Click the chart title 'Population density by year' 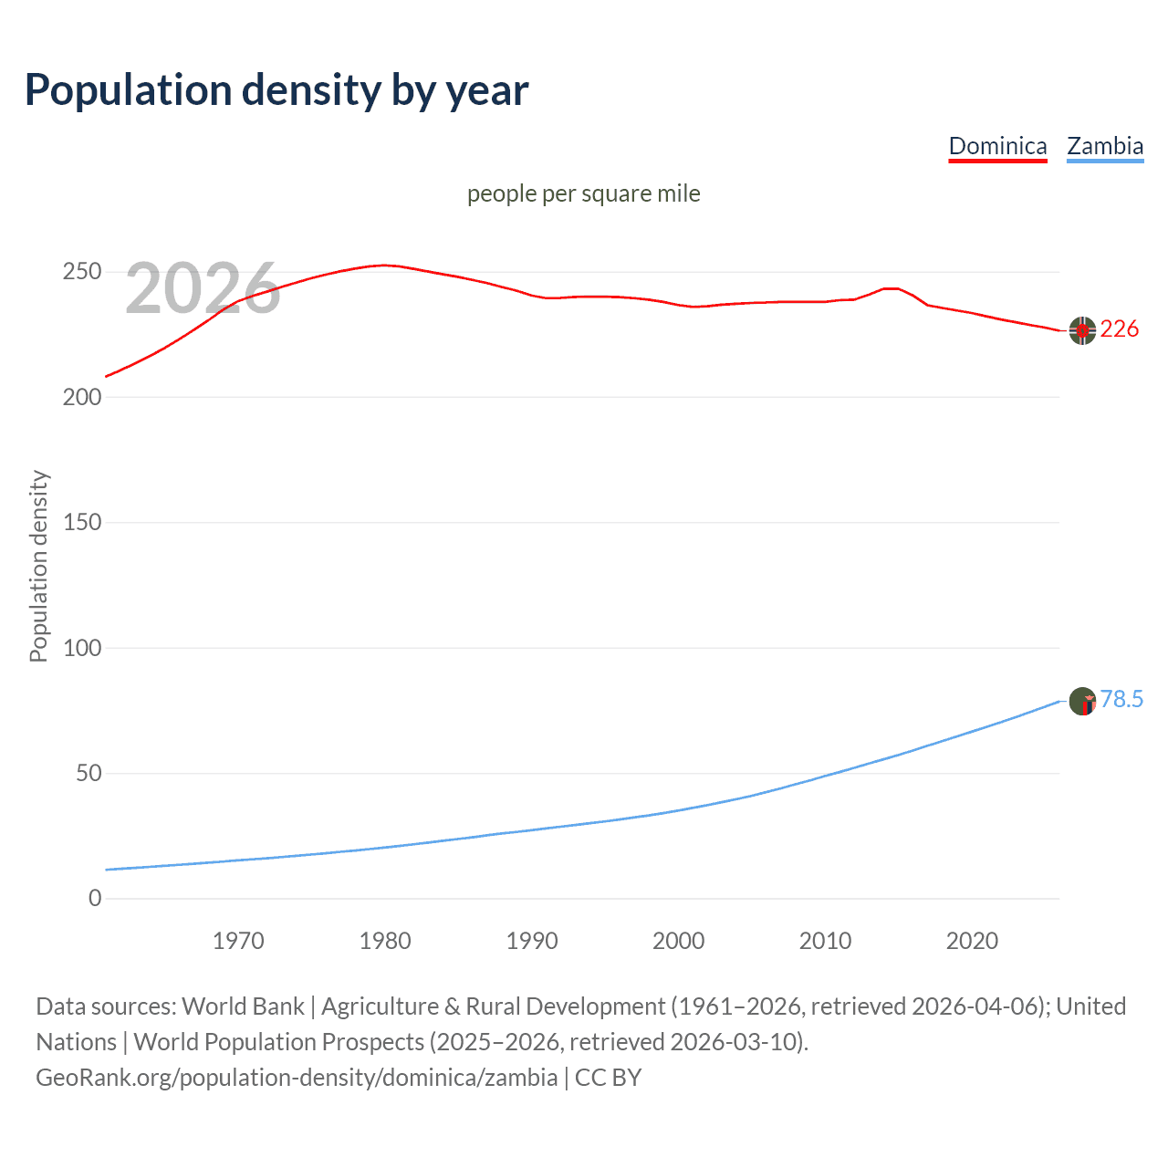coord(276,90)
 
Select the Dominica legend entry coord(997,146)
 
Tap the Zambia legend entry coord(1105,146)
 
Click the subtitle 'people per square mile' coord(583,194)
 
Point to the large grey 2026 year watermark coord(203,288)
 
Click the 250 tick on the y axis coord(81,272)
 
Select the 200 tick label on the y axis coord(81,398)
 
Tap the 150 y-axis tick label coord(81,523)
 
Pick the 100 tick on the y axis coord(81,649)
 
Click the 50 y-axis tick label coord(88,774)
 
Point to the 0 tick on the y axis coord(95,899)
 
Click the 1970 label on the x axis coord(238,941)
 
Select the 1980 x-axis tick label coord(385,941)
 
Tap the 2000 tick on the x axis coord(678,941)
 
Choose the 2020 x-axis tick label coord(972,941)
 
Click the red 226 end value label coord(1119,329)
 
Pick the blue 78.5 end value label coord(1121,700)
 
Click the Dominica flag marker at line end coord(1082,330)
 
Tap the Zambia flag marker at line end coord(1082,701)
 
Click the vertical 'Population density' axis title coord(38,566)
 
